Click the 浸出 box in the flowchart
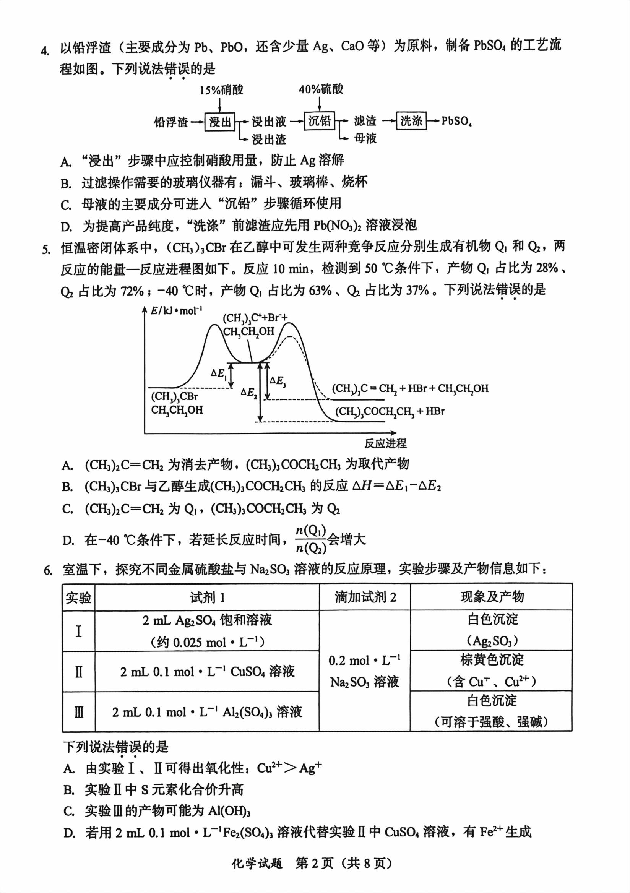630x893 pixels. (220, 122)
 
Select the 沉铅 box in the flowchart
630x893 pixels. (319, 121)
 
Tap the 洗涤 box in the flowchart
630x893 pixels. (411, 121)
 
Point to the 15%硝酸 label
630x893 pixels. (221, 90)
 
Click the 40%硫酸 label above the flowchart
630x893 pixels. (321, 89)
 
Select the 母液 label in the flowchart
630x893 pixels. (365, 138)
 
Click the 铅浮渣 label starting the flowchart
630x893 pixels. (171, 122)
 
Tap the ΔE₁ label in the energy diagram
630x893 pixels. (219, 374)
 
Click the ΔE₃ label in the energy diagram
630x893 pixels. (278, 381)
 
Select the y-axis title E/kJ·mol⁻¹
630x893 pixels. (177, 310)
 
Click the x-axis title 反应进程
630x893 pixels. (385, 443)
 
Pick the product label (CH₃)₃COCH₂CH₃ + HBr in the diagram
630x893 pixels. (389, 411)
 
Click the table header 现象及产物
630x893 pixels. (492, 597)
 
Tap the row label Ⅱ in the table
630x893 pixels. (78, 672)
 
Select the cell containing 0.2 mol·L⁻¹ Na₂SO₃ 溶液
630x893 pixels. (364, 671)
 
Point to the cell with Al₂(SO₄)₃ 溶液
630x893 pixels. (207, 712)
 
